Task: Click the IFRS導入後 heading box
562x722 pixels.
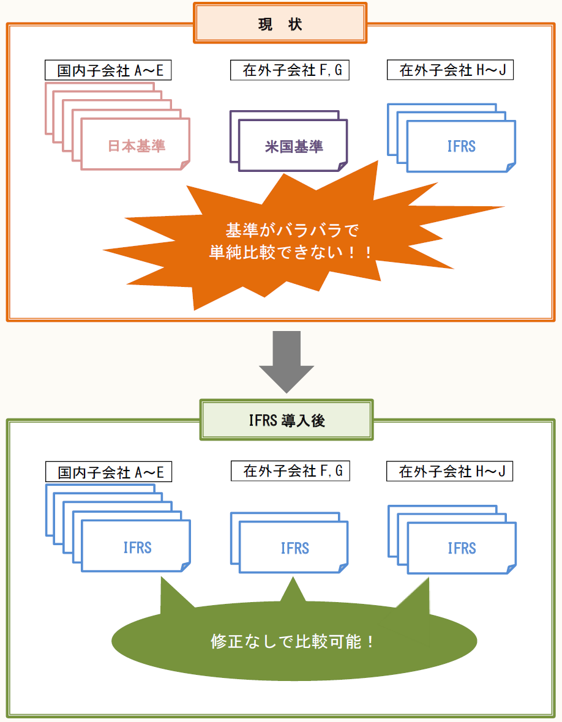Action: (286, 420)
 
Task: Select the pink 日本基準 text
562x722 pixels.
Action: (137, 146)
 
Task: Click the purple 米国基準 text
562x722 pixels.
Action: (294, 147)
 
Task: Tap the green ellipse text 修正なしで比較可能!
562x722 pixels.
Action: (293, 642)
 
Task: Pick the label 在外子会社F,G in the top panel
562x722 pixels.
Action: (290, 70)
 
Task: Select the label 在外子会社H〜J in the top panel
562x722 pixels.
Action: (450, 70)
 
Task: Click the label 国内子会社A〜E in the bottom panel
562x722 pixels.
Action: (108, 472)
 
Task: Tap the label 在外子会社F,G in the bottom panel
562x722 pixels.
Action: (290, 471)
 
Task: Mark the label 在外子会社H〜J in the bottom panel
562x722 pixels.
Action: (450, 471)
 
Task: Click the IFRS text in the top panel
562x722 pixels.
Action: (462, 147)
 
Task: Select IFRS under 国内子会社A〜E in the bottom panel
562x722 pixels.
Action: (137, 547)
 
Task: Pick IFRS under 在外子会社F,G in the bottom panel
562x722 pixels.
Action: (294, 548)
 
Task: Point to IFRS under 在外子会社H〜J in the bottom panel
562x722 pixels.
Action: (462, 548)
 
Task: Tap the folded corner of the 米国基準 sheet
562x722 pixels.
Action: (342, 166)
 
